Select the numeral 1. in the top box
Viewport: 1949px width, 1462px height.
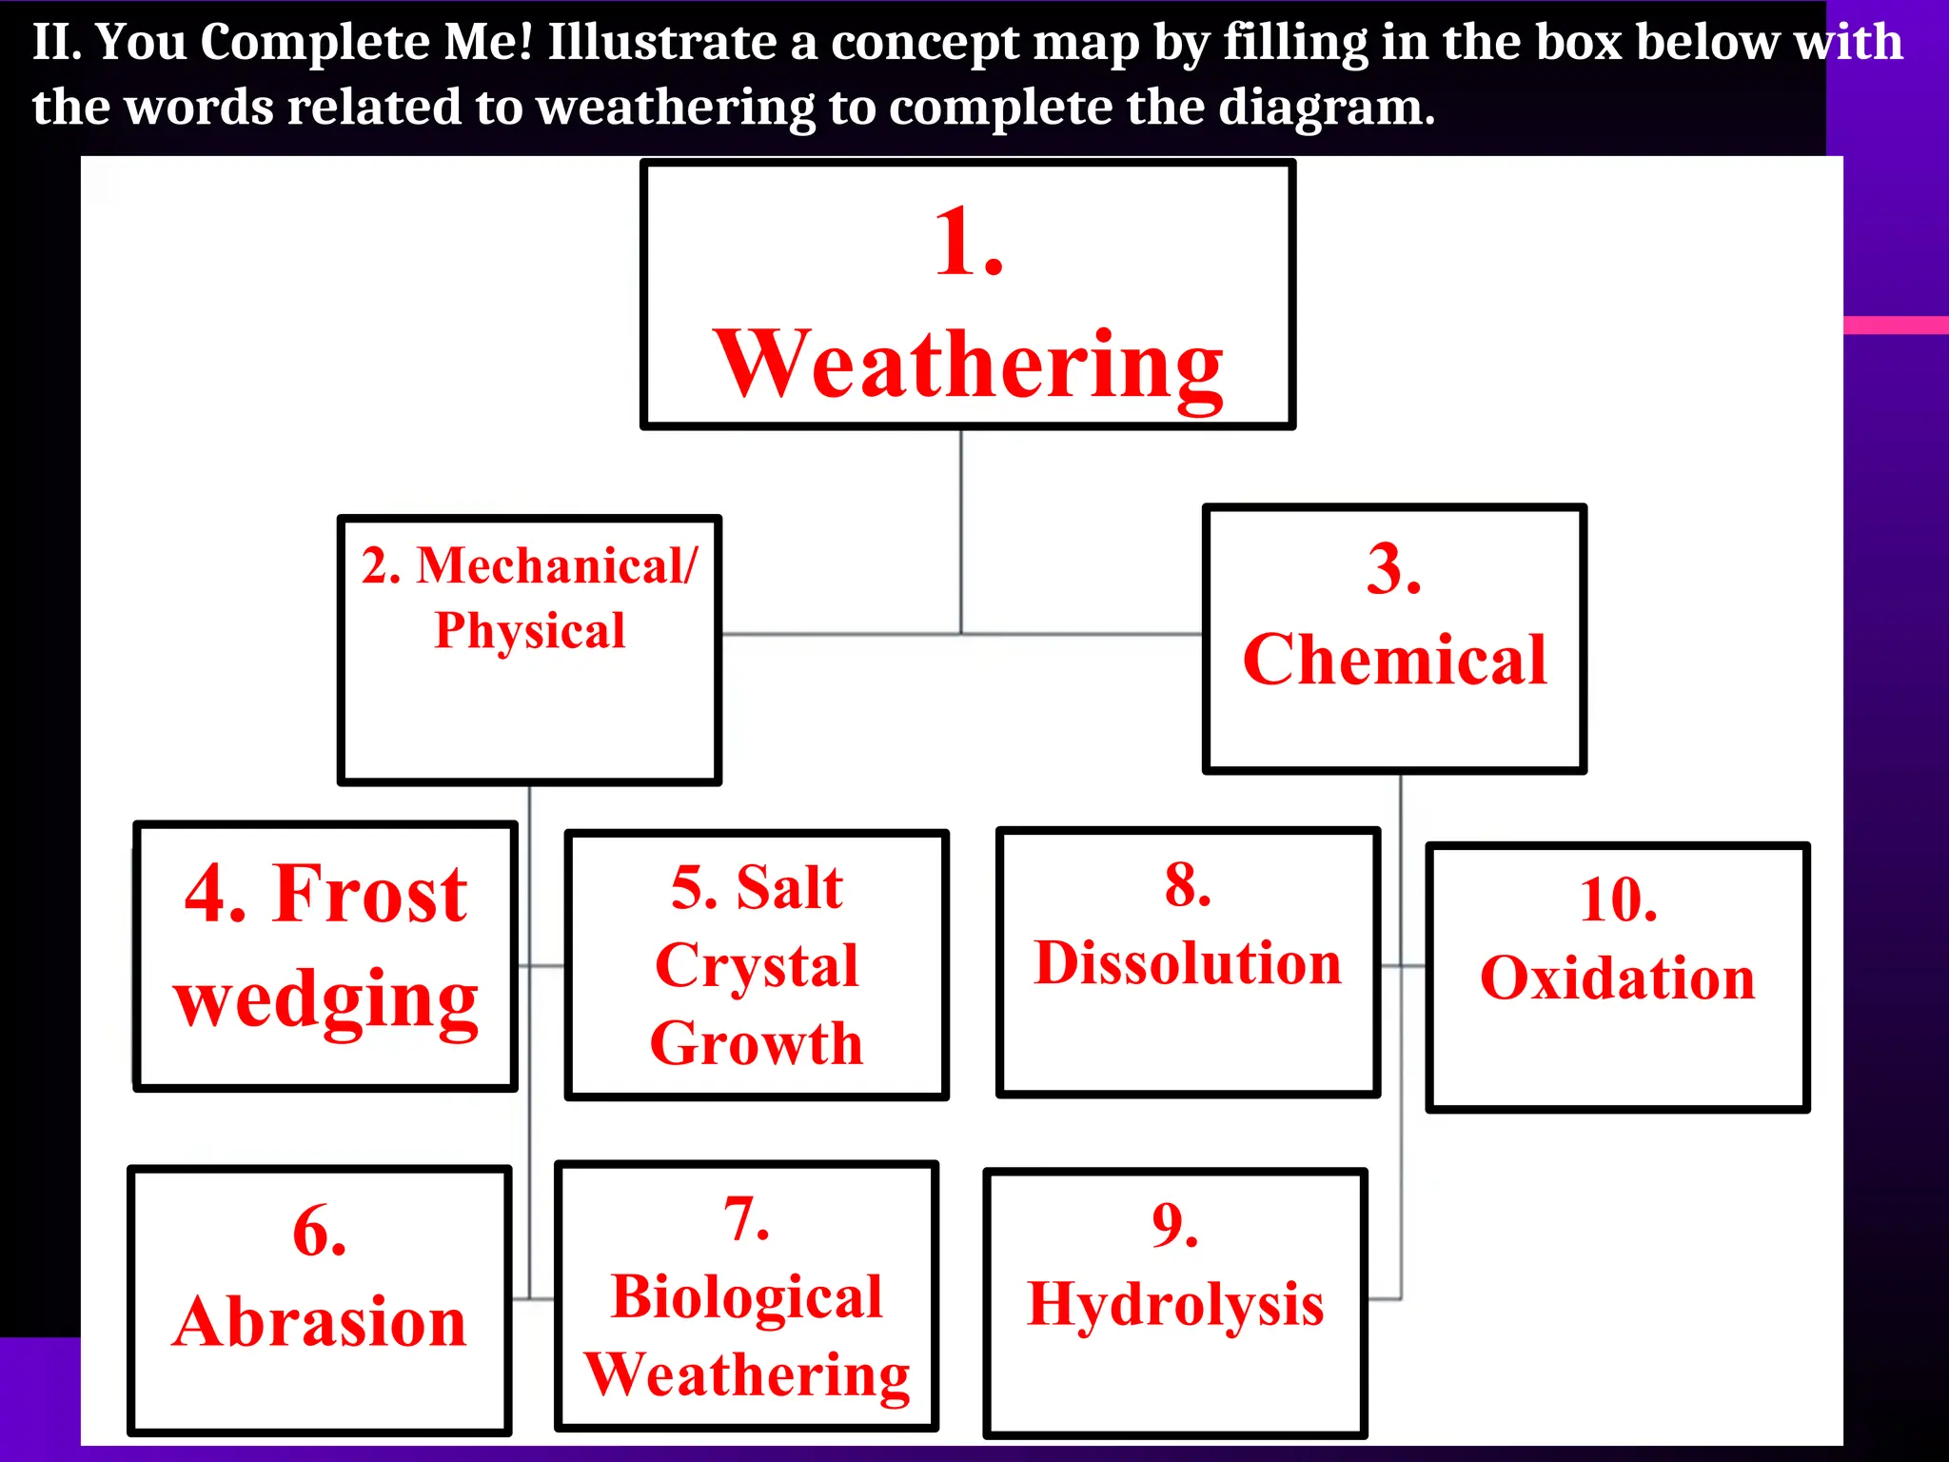pos(969,244)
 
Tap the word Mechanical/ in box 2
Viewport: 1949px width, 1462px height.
pos(557,565)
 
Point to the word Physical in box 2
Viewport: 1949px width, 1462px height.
pos(530,631)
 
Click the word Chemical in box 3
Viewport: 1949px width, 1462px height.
pos(1394,660)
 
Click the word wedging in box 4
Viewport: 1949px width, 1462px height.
pos(325,1001)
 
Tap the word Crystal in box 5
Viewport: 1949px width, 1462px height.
pos(757,966)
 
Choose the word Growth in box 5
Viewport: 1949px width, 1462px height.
pos(757,1043)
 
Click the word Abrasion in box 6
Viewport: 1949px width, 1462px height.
pos(320,1323)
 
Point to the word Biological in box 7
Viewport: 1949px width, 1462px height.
pos(747,1297)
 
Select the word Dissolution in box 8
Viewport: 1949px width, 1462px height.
pos(1188,963)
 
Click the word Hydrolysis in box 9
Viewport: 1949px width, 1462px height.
pos(1175,1304)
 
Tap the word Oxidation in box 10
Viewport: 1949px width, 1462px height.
pos(1618,978)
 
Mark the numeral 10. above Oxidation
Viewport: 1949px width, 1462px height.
pos(1618,899)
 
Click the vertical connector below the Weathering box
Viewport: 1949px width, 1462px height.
pos(961,528)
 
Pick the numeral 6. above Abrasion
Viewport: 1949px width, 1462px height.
pos(320,1232)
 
